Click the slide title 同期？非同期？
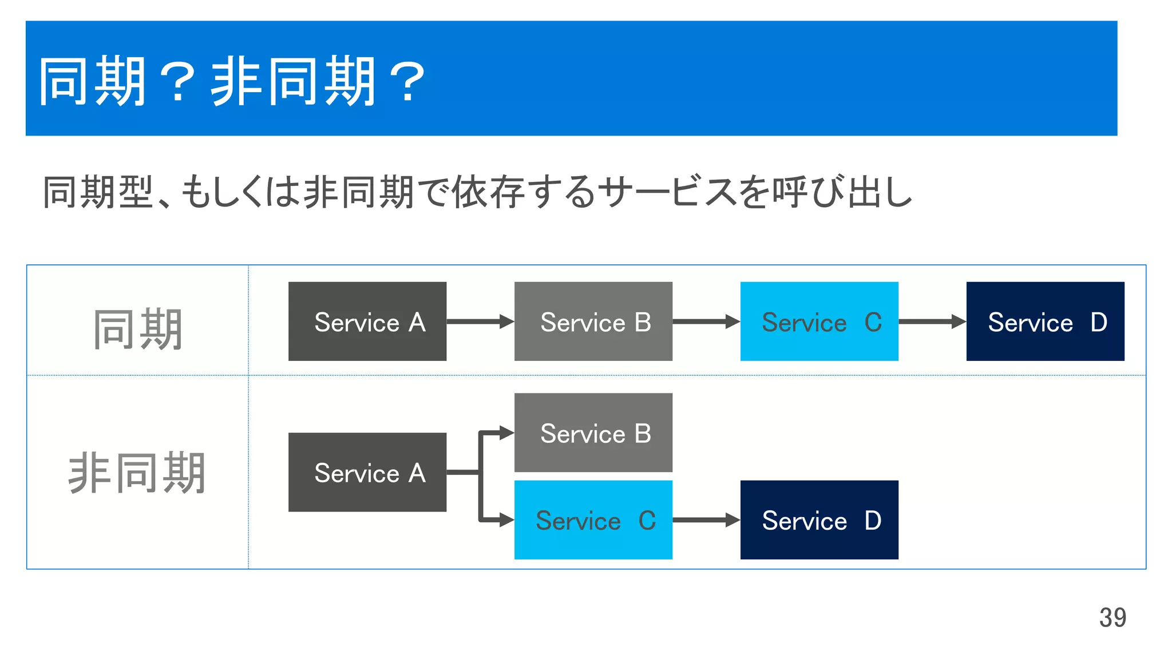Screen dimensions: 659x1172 232,81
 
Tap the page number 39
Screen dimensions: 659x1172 1112,618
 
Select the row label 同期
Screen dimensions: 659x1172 138,328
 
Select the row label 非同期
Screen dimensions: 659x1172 137,473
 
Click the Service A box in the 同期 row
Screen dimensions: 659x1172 367,321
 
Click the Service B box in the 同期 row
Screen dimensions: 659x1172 593,321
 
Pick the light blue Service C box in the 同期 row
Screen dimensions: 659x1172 819,321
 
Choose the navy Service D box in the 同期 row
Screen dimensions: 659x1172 1045,321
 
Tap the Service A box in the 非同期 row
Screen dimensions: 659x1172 367,473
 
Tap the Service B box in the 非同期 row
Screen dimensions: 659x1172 593,432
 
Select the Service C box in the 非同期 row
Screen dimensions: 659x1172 593,520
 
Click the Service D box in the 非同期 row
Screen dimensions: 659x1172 819,520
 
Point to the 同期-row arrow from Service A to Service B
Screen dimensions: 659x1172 480,321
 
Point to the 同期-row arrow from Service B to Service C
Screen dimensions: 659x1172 706,321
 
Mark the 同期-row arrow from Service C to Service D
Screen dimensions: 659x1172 932,321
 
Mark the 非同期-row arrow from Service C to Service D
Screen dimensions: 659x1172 706,520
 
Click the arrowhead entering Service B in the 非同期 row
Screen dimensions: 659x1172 506,432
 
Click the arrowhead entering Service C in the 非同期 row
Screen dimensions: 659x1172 506,520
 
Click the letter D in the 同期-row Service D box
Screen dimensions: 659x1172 1099,322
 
